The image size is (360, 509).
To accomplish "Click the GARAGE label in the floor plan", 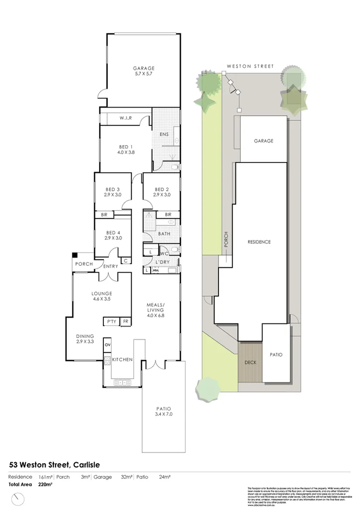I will [x=144, y=68].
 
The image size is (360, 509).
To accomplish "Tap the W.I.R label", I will [x=127, y=118].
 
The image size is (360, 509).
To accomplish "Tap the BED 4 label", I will [x=113, y=232].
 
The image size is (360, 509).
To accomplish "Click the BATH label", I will [x=165, y=234].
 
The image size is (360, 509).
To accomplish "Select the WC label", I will [x=165, y=253].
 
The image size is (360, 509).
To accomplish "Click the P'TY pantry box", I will [x=112, y=321].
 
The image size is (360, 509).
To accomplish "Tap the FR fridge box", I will [x=125, y=321].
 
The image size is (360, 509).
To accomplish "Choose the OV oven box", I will [x=107, y=345].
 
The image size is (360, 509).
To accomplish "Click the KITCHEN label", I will [x=122, y=359].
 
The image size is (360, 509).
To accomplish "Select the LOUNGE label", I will [x=102, y=293].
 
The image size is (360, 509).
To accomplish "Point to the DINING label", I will [x=85, y=335].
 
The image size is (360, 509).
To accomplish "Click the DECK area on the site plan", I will [x=251, y=362].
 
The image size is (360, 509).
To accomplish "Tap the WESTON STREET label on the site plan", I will [x=250, y=66].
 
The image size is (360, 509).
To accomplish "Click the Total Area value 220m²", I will [x=45, y=485].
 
